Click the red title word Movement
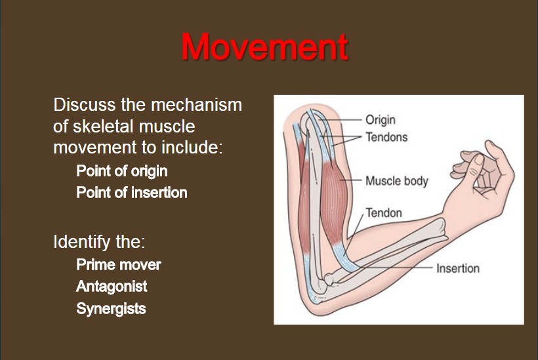264,47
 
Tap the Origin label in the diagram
380,119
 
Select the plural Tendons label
386,137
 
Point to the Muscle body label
397,181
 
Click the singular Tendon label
384,212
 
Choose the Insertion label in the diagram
458,268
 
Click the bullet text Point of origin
122,171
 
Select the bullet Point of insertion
132,192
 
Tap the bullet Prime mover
119,265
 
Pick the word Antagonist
112,287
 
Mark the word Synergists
111,308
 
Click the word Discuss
85,104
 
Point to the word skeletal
102,126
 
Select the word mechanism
196,104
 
